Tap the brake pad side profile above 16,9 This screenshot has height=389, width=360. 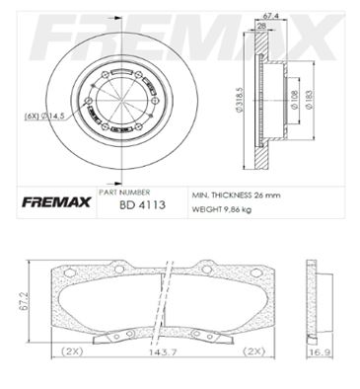(317, 301)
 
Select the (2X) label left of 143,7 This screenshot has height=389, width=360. (72, 352)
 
